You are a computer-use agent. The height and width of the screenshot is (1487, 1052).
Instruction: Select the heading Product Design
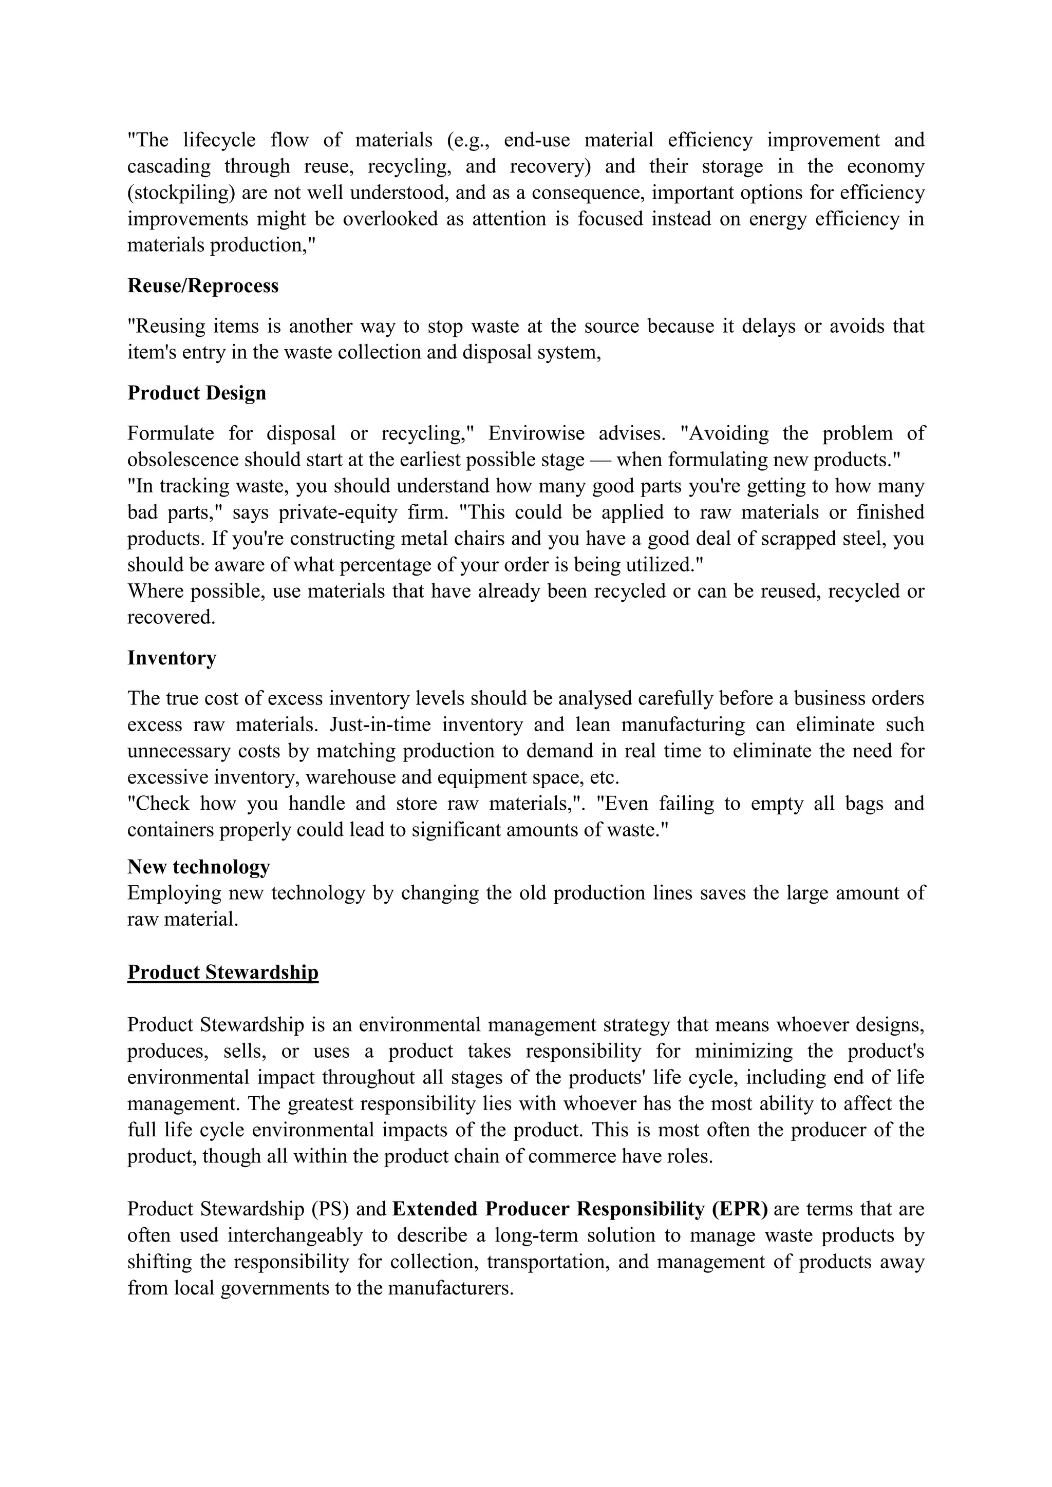pos(196,393)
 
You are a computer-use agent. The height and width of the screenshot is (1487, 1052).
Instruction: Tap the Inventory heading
pos(172,658)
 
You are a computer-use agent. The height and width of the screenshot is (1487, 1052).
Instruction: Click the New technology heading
pos(198,867)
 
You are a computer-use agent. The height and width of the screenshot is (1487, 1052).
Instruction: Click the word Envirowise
pos(536,433)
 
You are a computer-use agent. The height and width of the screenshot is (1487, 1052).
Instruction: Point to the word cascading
pos(168,166)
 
